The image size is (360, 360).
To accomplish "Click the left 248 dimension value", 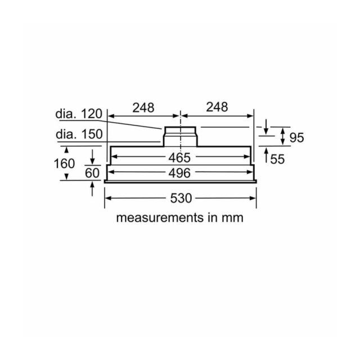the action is [143, 107].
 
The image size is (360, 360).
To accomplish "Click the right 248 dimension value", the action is [217, 107].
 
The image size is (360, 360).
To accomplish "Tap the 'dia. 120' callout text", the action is [79, 114].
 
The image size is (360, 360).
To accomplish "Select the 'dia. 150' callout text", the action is [79, 134].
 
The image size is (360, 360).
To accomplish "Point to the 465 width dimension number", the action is [179, 157].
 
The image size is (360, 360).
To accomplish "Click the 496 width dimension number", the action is [179, 173].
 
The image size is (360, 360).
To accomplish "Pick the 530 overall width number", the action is [181, 199].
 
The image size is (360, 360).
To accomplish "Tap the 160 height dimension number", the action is [64, 164].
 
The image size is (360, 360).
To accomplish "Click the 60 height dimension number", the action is [92, 173].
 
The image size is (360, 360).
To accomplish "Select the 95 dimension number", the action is [296, 137].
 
